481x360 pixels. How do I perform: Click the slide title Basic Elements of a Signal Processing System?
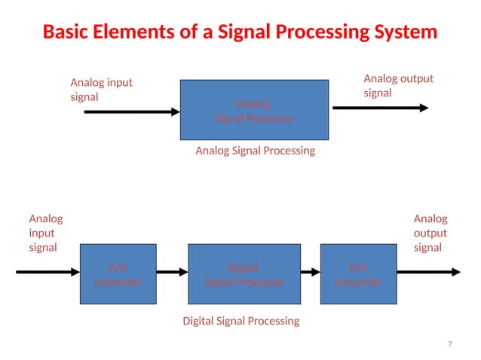click(x=240, y=32)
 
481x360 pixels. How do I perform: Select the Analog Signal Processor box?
click(x=254, y=110)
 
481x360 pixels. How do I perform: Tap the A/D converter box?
click(x=118, y=274)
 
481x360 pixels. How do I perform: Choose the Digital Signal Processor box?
click(x=244, y=274)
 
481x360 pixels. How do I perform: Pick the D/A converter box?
click(x=358, y=274)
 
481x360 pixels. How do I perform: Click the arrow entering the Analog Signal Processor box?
click(x=132, y=112)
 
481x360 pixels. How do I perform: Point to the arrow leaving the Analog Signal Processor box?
click(x=380, y=108)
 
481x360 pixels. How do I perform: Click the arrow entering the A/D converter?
click(x=47, y=272)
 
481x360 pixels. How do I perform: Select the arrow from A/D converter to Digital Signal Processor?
click(x=172, y=273)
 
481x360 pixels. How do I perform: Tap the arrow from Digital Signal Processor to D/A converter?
click(x=310, y=273)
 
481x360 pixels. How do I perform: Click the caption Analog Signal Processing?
click(x=255, y=151)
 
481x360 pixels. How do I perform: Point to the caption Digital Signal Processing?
click(x=241, y=321)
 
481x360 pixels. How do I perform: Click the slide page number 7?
click(x=450, y=344)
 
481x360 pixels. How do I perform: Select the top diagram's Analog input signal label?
click(x=101, y=90)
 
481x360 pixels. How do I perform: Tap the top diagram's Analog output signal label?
click(x=398, y=86)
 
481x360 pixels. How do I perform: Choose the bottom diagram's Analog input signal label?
click(x=45, y=233)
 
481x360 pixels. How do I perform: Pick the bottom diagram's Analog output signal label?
click(x=430, y=233)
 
